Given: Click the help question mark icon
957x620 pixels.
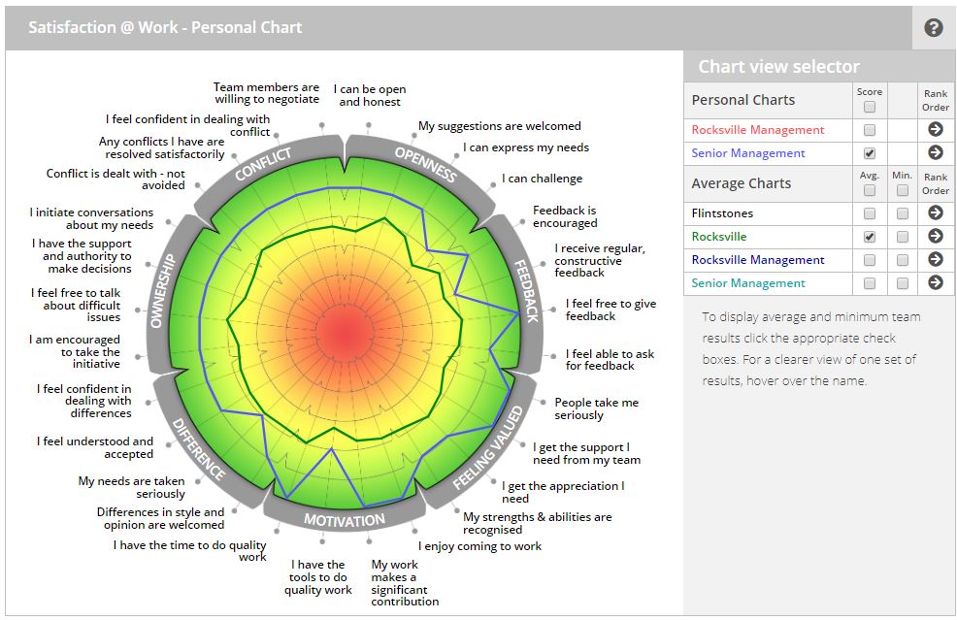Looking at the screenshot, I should (934, 28).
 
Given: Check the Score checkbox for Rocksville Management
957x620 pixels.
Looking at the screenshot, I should (870, 130).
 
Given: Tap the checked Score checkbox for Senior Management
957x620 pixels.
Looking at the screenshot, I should (870, 153).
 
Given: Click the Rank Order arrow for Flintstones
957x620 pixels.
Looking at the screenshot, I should (936, 213).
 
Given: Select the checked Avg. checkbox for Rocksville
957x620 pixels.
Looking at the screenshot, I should (870, 237).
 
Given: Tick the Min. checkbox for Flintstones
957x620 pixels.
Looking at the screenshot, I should (903, 213).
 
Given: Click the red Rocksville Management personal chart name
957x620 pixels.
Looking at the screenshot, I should (758, 130).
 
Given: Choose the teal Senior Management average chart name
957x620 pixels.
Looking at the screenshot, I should (748, 283).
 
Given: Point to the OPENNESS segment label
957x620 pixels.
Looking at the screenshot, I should (426, 163).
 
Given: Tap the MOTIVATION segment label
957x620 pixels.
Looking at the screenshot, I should (345, 520).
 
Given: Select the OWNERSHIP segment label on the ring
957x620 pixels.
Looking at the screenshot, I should (162, 290).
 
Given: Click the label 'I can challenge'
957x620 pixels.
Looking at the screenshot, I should (542, 179).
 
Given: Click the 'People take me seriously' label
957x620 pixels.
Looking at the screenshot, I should (596, 408).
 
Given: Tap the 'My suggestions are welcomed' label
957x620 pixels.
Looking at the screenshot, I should (499, 126).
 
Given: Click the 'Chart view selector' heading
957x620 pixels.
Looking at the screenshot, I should (778, 67).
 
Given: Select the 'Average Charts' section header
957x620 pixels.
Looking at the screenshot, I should (741, 183).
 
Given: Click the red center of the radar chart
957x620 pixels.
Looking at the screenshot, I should (345, 335).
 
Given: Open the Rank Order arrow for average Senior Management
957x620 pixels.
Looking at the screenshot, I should (936, 283).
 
